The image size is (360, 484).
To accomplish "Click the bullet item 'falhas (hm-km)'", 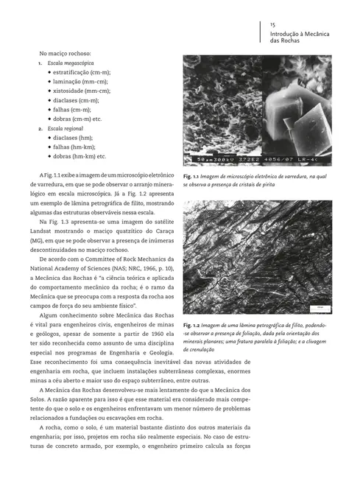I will [76, 147].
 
